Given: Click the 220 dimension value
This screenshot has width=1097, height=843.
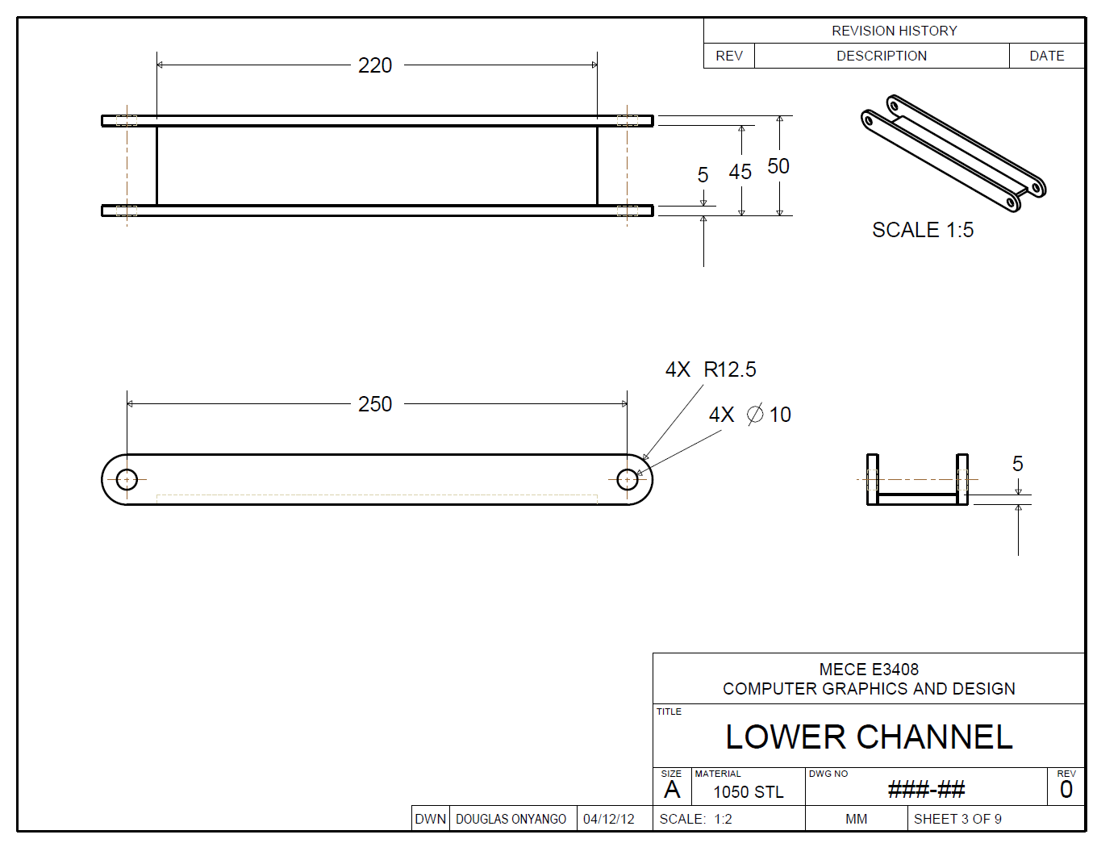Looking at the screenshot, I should tap(375, 65).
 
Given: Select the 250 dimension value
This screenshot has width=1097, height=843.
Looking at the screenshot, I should tap(375, 404).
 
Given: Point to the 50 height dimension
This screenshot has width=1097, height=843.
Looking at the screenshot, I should tap(778, 166).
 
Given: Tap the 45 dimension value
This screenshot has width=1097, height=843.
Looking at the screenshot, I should tap(740, 172).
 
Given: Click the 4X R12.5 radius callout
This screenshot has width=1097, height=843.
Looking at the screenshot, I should tap(711, 369).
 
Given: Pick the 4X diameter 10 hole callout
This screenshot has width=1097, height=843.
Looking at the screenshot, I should tap(749, 415).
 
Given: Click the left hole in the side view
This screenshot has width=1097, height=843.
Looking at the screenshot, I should tap(127, 480).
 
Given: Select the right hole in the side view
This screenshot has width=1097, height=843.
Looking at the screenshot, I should tap(627, 480).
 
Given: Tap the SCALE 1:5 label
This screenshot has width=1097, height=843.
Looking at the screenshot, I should tap(923, 230).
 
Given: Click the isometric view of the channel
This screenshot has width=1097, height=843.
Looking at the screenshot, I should tap(953, 152).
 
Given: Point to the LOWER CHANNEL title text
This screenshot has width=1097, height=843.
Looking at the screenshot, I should tap(869, 737).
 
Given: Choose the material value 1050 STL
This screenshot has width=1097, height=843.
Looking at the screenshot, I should tap(748, 792).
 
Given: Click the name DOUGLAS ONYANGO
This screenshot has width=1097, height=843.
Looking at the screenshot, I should tap(511, 819).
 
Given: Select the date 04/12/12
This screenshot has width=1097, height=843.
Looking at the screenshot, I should tap(609, 819).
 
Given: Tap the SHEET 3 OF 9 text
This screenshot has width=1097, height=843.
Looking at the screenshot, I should tap(957, 819).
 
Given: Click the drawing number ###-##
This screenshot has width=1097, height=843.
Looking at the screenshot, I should tap(926, 789).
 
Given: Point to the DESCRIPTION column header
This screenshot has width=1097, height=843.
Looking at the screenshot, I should tap(881, 56).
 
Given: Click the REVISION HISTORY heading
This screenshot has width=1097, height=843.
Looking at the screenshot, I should tap(894, 31).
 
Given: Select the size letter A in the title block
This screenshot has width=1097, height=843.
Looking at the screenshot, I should tap(672, 790).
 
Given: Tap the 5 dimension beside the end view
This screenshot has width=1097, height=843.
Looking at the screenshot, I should tap(1017, 464).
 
